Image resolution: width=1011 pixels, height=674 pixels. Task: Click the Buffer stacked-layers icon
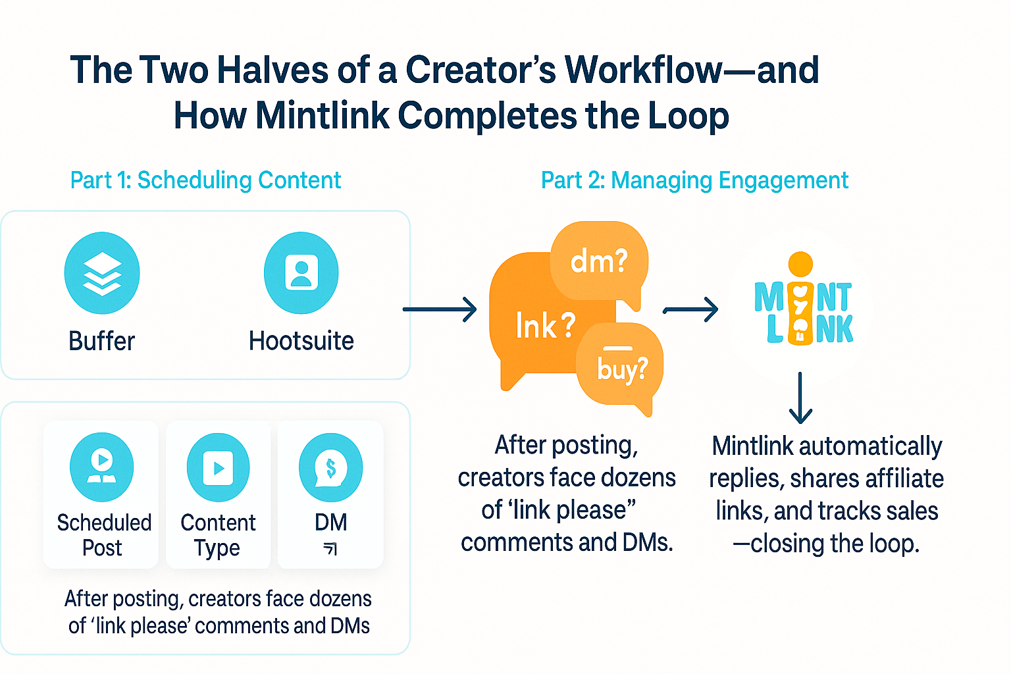click(x=102, y=273)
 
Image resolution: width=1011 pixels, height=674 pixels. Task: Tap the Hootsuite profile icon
click(x=301, y=273)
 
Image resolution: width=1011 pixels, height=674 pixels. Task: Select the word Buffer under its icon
click(x=101, y=341)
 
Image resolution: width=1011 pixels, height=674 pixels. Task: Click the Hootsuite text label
click(x=301, y=341)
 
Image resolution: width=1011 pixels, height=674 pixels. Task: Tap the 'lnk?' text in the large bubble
click(x=545, y=325)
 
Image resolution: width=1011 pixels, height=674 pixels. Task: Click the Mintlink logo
click(x=803, y=306)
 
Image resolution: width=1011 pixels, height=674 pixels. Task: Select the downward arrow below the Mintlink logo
click(x=800, y=398)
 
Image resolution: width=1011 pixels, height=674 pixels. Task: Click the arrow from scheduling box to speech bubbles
click(x=440, y=309)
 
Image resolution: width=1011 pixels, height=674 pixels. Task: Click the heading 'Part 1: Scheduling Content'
click(x=205, y=180)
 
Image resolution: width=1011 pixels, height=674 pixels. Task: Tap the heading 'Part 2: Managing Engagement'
click(x=694, y=180)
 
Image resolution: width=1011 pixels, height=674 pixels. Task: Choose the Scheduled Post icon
click(x=102, y=467)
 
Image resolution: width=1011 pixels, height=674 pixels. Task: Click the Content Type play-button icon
click(x=218, y=467)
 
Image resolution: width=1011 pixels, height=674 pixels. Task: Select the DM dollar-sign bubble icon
click(x=330, y=467)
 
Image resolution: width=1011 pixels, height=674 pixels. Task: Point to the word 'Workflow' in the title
click(x=644, y=70)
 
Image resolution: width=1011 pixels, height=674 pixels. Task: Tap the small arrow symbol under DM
click(x=330, y=549)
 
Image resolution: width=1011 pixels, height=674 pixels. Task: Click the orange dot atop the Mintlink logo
click(x=800, y=264)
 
